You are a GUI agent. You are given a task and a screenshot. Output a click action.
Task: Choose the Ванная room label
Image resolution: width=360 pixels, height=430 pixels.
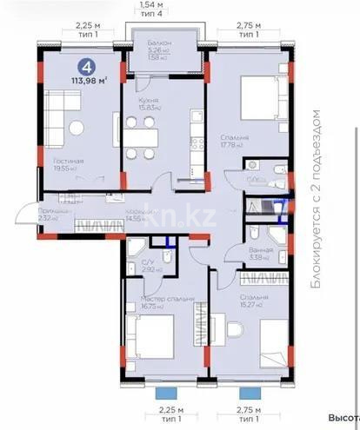point(259,250)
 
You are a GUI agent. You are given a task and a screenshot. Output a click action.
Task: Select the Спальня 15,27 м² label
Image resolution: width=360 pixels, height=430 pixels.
point(252,298)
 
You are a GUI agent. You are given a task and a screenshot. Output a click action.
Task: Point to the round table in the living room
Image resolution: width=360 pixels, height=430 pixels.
point(77,128)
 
